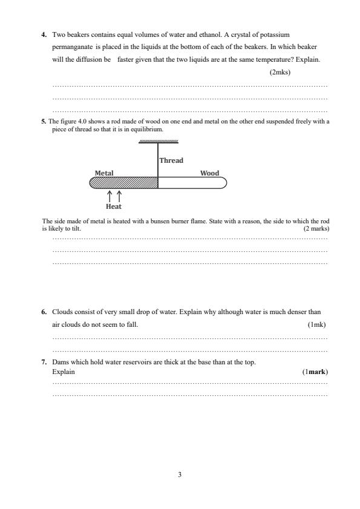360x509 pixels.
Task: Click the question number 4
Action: pyautogui.click(x=44, y=35)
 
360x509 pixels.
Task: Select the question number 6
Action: pyautogui.click(x=44, y=312)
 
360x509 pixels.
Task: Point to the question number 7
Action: pyautogui.click(x=44, y=362)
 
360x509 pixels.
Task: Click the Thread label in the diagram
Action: pyautogui.click(x=171, y=161)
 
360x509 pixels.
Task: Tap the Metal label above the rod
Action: pyautogui.click(x=104, y=173)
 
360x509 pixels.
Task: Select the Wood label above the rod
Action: pyautogui.click(x=209, y=173)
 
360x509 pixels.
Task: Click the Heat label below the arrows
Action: pyautogui.click(x=114, y=206)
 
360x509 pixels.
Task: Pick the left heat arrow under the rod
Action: pyautogui.click(x=110, y=195)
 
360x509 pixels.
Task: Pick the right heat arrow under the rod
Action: pyautogui.click(x=119, y=195)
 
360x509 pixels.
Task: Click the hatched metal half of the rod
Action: pyautogui.click(x=124, y=183)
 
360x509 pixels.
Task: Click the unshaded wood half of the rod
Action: pyautogui.click(x=192, y=183)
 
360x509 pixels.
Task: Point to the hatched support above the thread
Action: pyautogui.click(x=159, y=141)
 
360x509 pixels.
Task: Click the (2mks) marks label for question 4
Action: pyautogui.click(x=280, y=73)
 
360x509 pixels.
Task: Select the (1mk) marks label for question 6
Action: pyautogui.click(x=317, y=325)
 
